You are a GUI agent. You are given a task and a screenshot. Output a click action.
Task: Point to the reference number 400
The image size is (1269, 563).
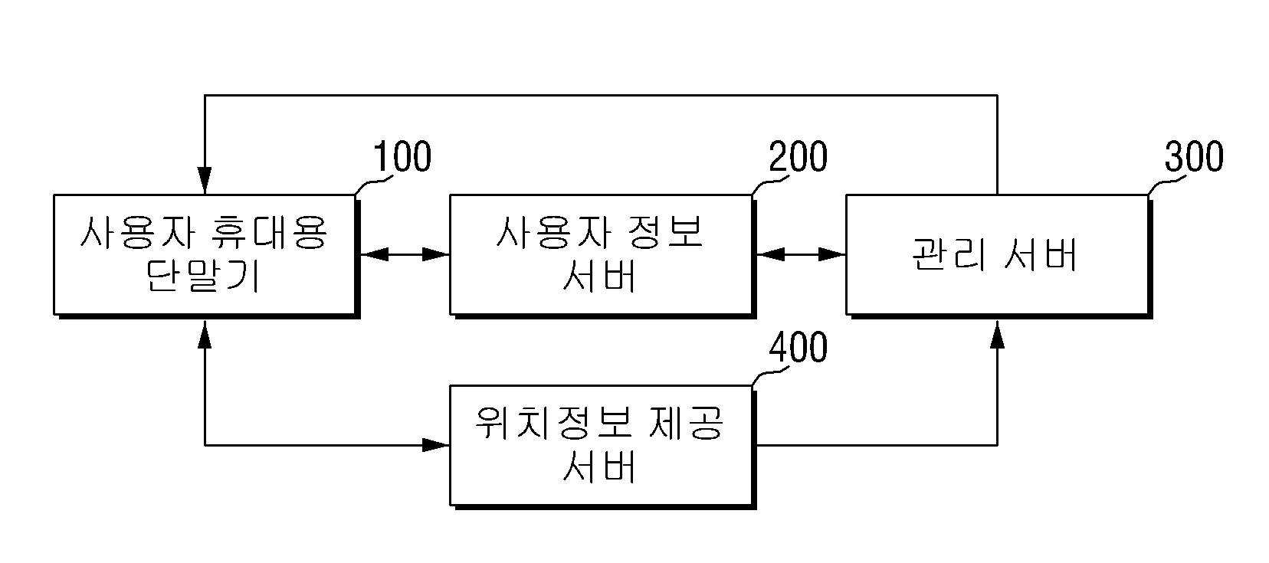[798, 347]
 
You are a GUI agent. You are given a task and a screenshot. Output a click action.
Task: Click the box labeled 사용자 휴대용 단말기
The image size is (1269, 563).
[207, 256]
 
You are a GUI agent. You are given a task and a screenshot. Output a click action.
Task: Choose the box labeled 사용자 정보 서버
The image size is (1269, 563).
[603, 256]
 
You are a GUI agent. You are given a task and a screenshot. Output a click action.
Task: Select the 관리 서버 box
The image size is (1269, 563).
[998, 256]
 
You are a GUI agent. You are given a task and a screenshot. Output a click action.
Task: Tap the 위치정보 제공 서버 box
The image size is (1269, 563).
[603, 447]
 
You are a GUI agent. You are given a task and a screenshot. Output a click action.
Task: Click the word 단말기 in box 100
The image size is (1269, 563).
[203, 277]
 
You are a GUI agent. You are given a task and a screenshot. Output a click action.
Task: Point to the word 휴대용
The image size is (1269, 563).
[268, 232]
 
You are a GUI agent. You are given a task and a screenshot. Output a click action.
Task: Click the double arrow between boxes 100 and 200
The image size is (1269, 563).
[405, 254]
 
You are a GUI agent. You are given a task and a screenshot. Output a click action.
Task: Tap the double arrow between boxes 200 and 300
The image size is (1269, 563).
[801, 254]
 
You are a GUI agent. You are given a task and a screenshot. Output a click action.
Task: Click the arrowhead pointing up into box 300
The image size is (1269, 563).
[997, 334]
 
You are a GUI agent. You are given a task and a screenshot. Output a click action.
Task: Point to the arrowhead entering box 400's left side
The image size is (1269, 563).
[436, 445]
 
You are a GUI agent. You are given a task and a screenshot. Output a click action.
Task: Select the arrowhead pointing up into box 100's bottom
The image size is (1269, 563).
[205, 334]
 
